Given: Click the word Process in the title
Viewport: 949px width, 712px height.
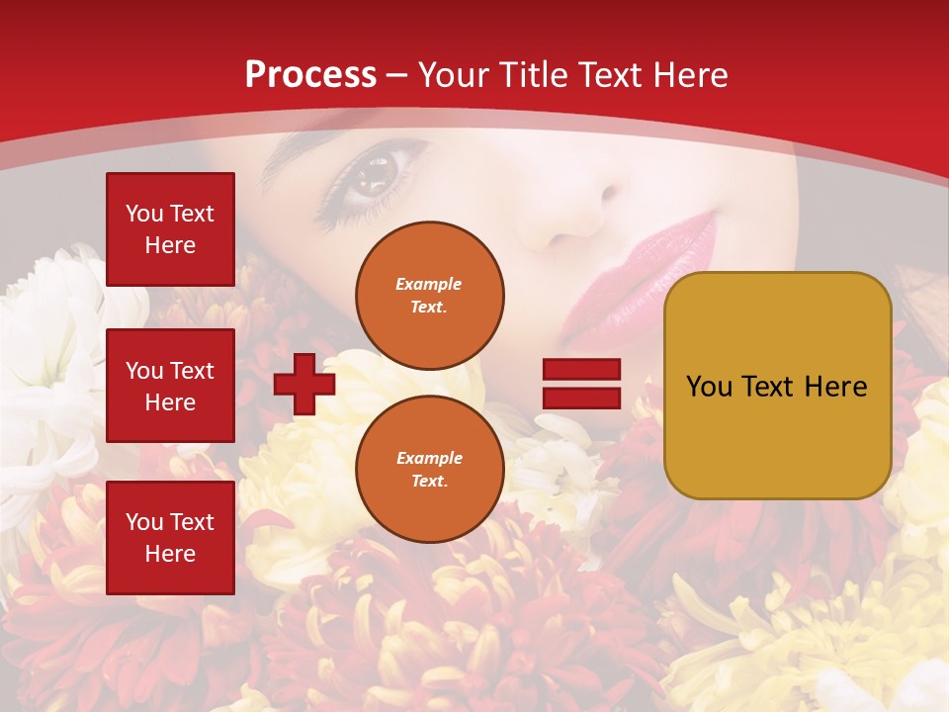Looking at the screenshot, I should [x=310, y=75].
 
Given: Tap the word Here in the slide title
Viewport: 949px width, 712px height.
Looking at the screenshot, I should [x=689, y=75].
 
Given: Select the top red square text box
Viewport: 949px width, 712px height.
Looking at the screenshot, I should [x=170, y=229].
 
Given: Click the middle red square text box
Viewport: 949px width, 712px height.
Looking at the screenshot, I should [x=170, y=386].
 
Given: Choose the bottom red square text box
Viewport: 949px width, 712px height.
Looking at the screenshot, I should [x=170, y=538].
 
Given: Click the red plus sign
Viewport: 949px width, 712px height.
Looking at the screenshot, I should [x=304, y=384].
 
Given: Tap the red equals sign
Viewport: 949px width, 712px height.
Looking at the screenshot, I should [x=581, y=384].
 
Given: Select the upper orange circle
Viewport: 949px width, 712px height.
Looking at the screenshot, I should [x=429, y=296].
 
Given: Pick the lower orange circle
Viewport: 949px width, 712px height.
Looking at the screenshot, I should [x=429, y=470].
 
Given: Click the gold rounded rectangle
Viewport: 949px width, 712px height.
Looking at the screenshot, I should [x=777, y=386].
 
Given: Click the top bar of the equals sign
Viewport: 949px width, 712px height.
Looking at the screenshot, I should [x=581, y=370].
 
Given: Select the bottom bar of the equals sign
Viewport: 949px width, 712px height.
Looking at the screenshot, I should [x=581, y=398].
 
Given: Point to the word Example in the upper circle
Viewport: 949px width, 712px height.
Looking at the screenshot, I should [x=429, y=284].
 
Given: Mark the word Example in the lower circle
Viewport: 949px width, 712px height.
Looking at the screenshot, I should [x=429, y=458].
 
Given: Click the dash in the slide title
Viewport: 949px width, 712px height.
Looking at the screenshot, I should [x=397, y=75].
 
